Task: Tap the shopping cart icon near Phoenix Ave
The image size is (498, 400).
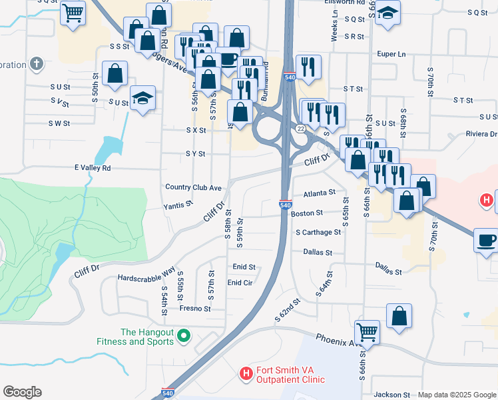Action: [368, 331]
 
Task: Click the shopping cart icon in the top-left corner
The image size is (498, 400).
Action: [73, 11]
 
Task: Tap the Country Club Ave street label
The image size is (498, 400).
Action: [193, 188]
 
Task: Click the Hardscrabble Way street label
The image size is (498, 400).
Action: [146, 277]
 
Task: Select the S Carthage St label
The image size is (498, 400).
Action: [318, 232]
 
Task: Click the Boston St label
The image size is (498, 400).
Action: [306, 213]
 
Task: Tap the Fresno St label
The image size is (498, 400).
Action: [194, 309]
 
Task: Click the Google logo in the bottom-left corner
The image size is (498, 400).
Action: [22, 392]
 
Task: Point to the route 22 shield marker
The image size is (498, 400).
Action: [301, 128]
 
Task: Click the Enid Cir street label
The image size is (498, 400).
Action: [240, 283]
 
